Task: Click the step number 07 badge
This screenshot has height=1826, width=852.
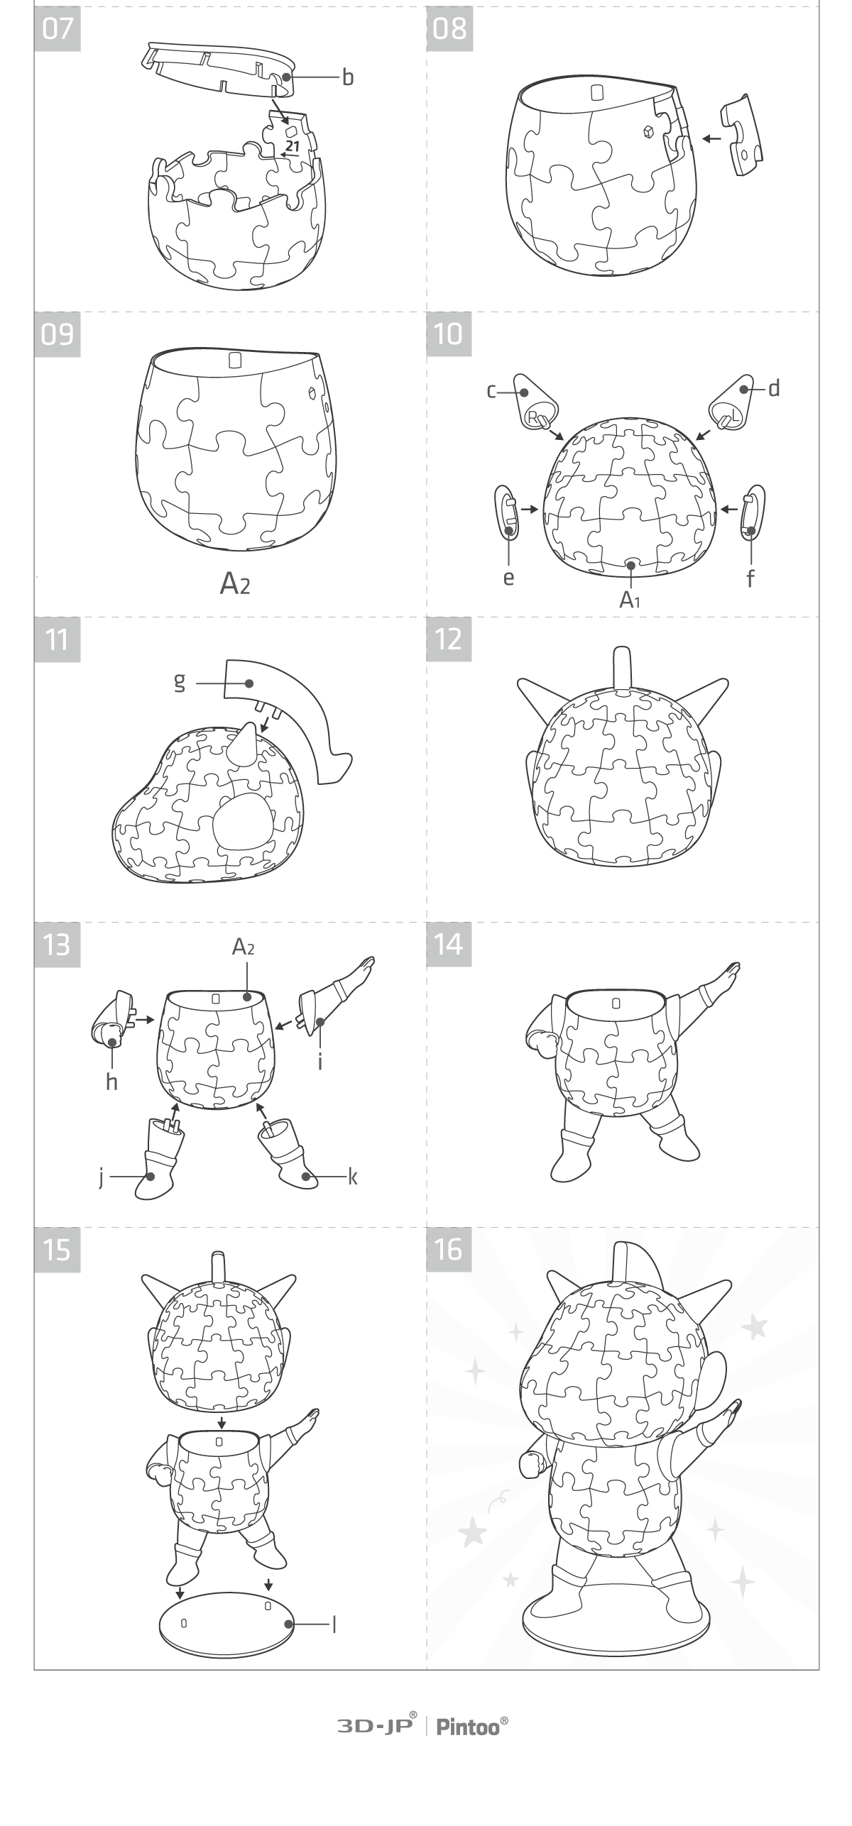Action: (x=58, y=29)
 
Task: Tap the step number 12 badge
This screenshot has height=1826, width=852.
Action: (x=449, y=639)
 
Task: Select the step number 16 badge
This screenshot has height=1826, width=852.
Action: (x=449, y=1250)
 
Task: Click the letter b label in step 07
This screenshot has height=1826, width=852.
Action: (x=348, y=77)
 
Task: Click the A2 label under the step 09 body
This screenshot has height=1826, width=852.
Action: (x=235, y=583)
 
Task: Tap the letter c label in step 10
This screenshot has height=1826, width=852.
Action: (x=491, y=390)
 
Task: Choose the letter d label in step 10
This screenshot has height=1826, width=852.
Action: (x=774, y=387)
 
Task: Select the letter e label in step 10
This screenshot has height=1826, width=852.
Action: (x=508, y=578)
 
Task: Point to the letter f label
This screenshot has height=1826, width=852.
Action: (x=750, y=578)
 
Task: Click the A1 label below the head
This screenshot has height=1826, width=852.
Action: (x=630, y=600)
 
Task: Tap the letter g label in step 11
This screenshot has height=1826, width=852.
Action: (x=180, y=682)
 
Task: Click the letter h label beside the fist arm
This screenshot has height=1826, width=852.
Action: (x=111, y=1082)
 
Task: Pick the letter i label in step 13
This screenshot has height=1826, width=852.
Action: (x=321, y=1061)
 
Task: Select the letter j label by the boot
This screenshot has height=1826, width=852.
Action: (x=102, y=1177)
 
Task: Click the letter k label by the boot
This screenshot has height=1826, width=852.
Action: (x=353, y=1177)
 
